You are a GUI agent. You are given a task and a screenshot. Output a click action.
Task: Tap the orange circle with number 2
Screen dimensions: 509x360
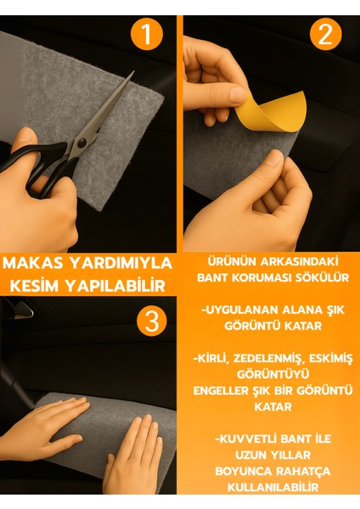coord(324,35)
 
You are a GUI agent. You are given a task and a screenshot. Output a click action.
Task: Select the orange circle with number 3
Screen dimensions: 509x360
coord(150,322)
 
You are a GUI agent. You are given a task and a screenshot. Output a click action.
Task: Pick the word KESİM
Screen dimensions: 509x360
coord(33,282)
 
